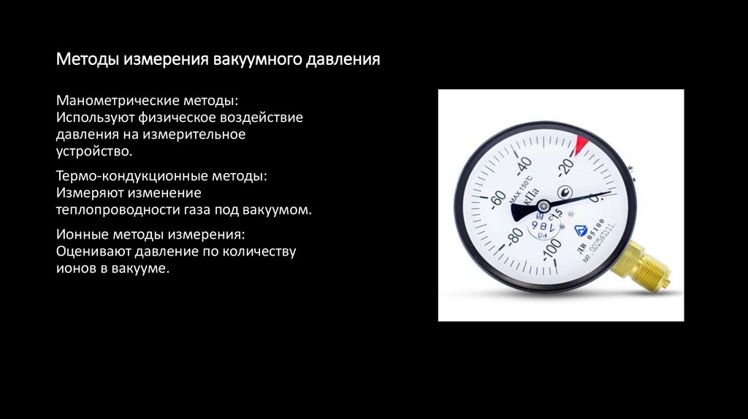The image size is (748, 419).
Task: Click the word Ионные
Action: pyautogui.click(x=81, y=235)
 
